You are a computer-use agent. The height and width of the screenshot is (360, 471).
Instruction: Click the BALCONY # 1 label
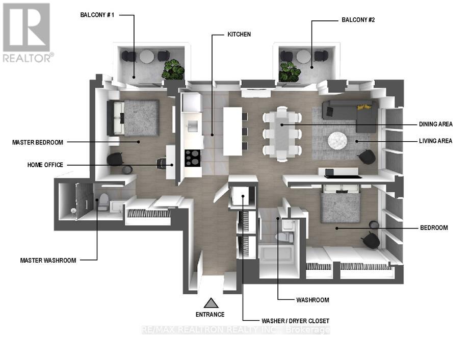(x=97, y=15)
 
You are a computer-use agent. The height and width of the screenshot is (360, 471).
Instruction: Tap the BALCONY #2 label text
(x=358, y=20)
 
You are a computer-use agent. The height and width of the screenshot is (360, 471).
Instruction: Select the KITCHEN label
(x=239, y=34)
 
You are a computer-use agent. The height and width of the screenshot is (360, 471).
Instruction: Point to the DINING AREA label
(x=435, y=124)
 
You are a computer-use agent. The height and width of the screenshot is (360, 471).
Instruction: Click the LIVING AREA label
(x=435, y=141)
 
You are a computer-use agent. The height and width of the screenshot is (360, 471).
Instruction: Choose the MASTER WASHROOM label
(x=48, y=260)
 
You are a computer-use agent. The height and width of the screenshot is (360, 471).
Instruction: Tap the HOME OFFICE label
(x=45, y=165)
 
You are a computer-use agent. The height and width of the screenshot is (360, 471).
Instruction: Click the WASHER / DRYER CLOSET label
(x=295, y=321)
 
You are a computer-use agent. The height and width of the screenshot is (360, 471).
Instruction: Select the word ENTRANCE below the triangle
(x=210, y=314)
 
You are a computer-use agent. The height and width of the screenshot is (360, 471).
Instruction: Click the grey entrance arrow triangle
(x=211, y=303)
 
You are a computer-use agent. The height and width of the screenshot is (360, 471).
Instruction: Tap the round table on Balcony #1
(x=147, y=56)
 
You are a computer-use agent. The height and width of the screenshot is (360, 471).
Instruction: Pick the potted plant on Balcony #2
(x=290, y=72)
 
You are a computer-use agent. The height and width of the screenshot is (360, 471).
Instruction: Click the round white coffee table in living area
(x=337, y=140)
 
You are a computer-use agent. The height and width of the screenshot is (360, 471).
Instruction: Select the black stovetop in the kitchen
(x=193, y=158)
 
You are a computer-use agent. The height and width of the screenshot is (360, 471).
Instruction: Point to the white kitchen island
(x=232, y=132)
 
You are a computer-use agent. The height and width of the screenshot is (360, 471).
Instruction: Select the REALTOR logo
(x=28, y=33)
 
